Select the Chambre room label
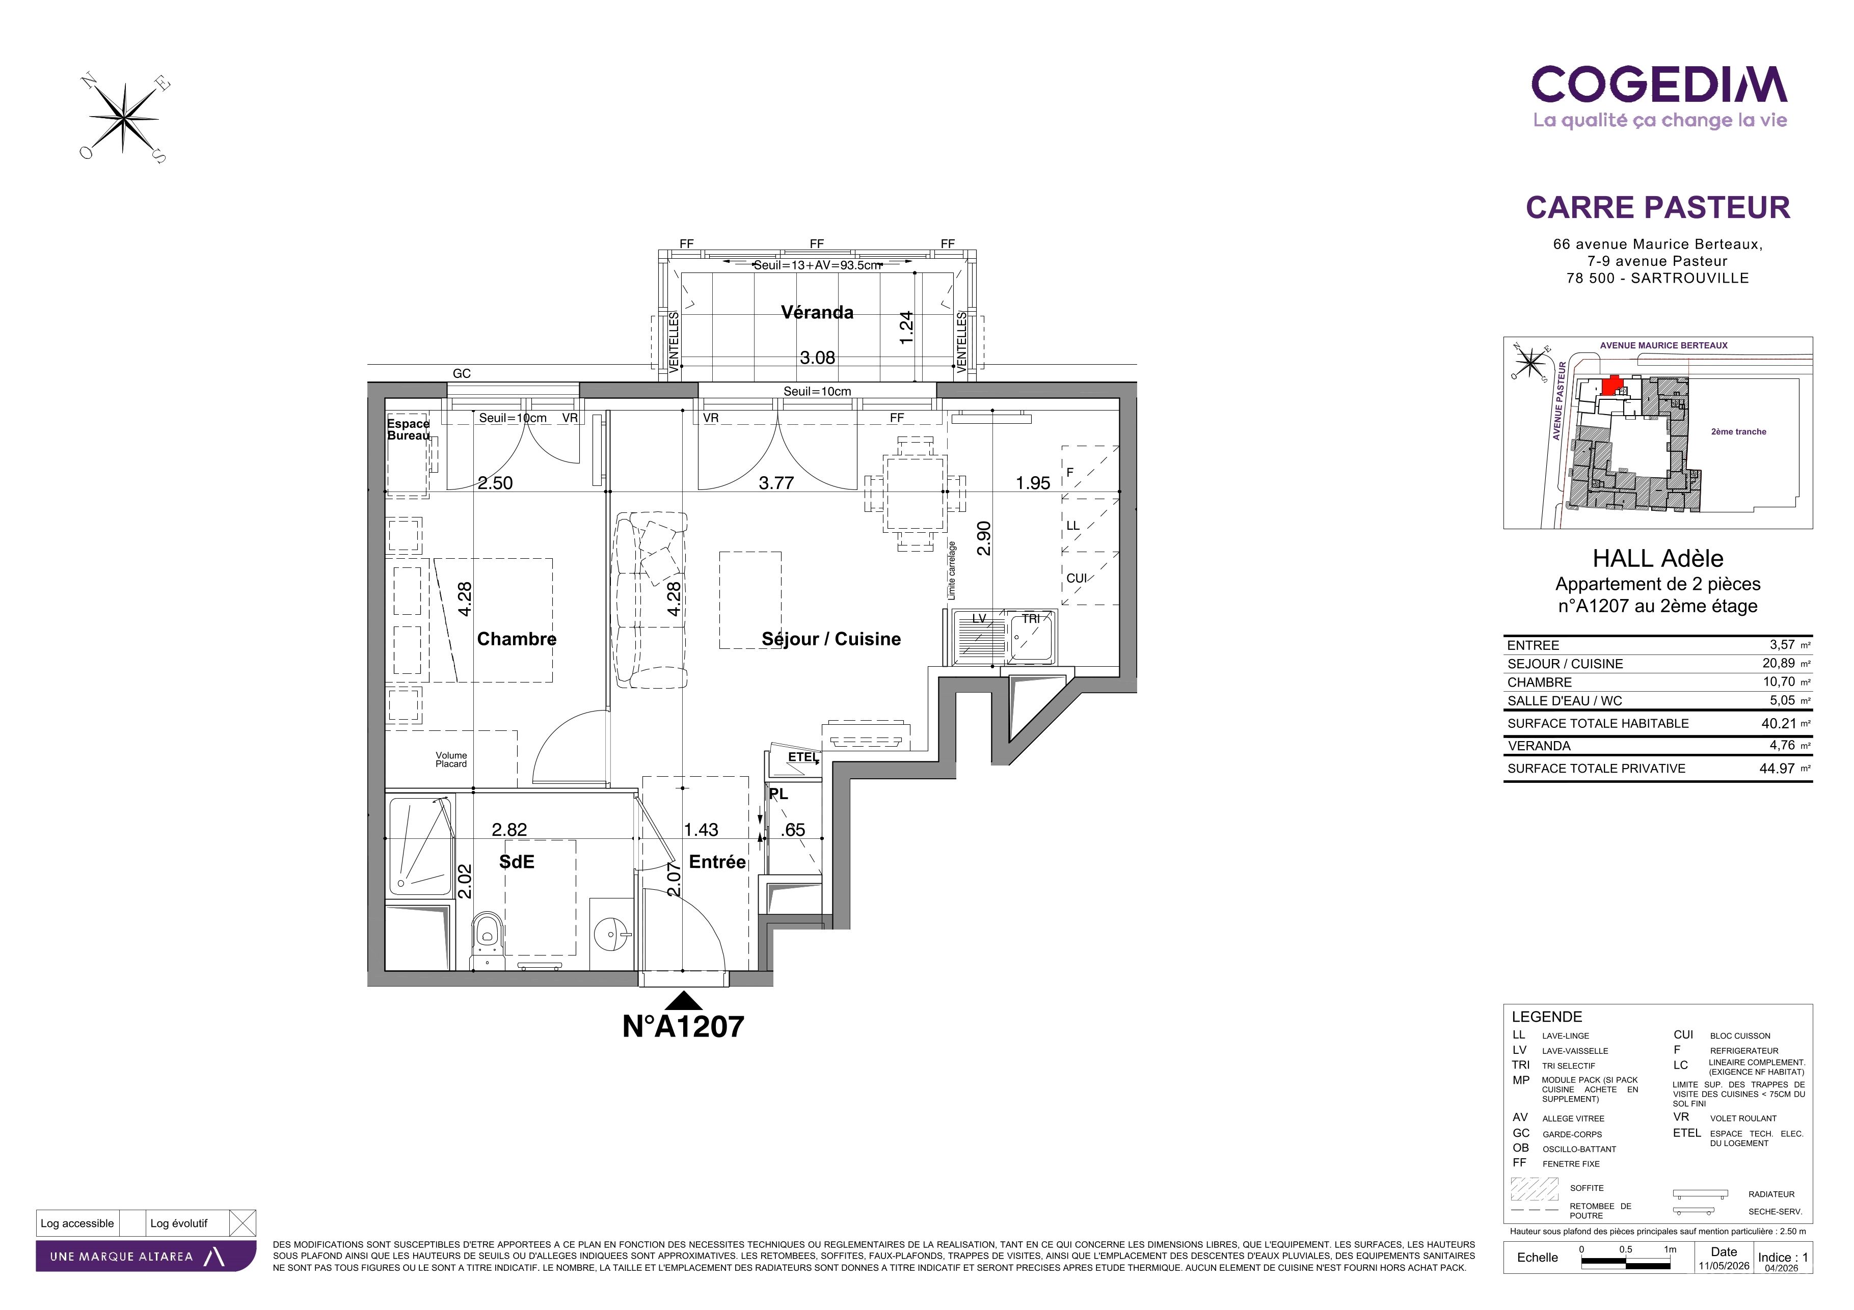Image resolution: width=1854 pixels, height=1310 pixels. click(517, 639)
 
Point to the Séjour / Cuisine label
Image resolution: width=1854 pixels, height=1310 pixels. click(831, 639)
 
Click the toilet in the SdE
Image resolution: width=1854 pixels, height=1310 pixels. click(487, 940)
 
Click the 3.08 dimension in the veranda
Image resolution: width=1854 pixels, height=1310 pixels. click(817, 358)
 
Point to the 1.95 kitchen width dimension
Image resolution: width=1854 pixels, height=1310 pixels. click(1033, 483)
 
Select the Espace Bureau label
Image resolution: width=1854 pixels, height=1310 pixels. click(409, 429)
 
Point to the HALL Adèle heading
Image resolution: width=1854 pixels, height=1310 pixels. click(1658, 559)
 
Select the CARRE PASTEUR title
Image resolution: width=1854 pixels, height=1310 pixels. click(1658, 207)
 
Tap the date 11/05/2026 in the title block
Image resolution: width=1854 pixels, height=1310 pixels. click(1724, 1266)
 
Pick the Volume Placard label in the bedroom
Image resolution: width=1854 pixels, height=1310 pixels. click(451, 759)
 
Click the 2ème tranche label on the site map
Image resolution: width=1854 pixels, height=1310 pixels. click(1738, 432)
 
